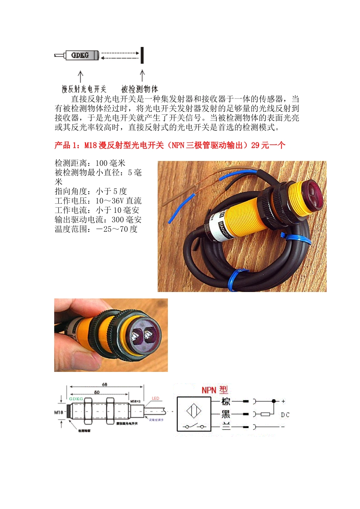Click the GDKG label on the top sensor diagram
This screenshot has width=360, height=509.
coord(80,55)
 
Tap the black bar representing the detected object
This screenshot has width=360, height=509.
coord(142,55)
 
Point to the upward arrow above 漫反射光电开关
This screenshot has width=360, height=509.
coord(80,76)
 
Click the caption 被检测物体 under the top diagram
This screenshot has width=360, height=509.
coord(139,89)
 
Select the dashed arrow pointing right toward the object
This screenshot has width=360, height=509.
coord(120,53)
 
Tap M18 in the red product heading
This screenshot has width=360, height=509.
coord(91,145)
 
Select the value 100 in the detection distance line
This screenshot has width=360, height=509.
coord(102,163)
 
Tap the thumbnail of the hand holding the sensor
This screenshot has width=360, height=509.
coord(111,335)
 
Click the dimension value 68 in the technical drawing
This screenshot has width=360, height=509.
coord(105,384)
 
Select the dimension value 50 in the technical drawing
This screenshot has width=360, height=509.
coord(97,392)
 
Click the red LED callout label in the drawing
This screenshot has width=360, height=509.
coord(155,398)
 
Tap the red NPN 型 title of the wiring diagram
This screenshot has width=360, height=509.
coord(214,390)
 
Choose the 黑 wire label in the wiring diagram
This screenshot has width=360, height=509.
coord(225,414)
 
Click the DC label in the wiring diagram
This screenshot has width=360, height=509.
coord(285,415)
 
